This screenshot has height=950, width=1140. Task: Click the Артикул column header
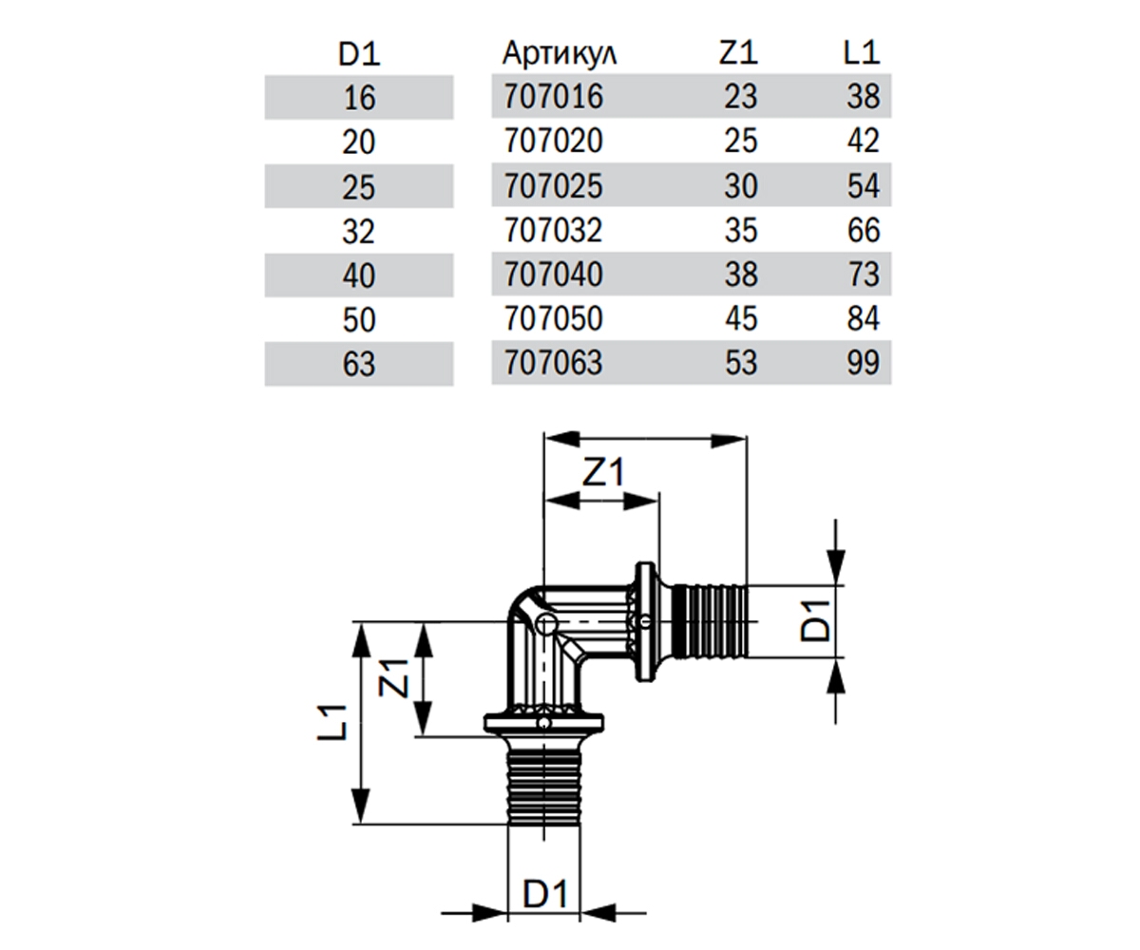click(x=560, y=54)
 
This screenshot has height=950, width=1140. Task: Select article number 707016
click(x=554, y=97)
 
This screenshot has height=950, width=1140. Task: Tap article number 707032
click(x=554, y=230)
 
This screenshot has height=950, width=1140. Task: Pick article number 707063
click(x=554, y=363)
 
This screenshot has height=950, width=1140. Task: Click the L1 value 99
click(x=864, y=363)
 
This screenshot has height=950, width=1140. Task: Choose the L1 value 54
click(x=864, y=185)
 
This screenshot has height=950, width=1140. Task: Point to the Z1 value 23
click(x=741, y=97)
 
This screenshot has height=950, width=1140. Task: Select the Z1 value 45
click(x=741, y=318)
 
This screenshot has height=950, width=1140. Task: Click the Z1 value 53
click(x=741, y=363)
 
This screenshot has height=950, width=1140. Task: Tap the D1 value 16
click(x=359, y=98)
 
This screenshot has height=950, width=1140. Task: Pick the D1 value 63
click(x=359, y=364)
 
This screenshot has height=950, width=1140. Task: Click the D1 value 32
click(x=359, y=232)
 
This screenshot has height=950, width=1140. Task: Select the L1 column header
click(x=862, y=53)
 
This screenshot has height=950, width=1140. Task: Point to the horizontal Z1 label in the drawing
click(x=603, y=472)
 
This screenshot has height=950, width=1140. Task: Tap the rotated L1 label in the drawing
click(x=332, y=722)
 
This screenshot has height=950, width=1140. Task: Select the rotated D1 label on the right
click(x=815, y=620)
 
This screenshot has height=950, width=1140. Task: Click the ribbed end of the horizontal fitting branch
click(x=710, y=621)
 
